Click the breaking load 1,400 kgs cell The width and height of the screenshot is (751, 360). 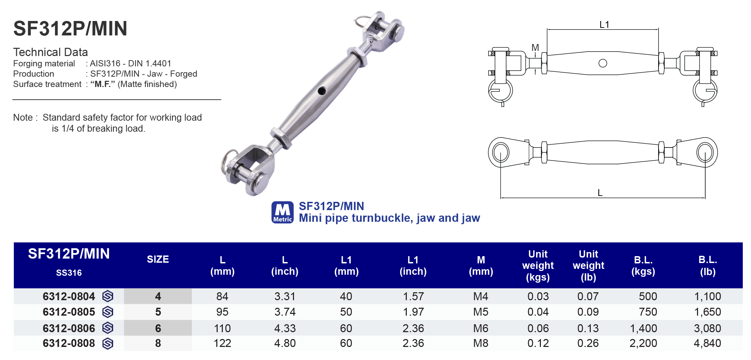pos(643,328)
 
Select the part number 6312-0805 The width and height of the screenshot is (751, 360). pos(69,312)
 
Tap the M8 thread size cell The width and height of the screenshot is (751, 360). pos(480,343)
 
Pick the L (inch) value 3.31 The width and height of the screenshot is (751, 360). pos(285,296)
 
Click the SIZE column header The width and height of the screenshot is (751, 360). pos(158,259)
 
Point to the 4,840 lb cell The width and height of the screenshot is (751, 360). pos(707,343)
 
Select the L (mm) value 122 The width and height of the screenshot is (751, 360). pos(222,343)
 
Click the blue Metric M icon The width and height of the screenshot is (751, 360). pos(282,212)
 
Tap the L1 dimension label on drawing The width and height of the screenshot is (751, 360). pos(604,25)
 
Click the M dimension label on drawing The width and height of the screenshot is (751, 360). pos(535,48)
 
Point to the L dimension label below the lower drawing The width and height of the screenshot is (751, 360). pos(600,193)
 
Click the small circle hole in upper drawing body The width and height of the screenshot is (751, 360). pos(602,63)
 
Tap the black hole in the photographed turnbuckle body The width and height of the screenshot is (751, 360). pos(322,91)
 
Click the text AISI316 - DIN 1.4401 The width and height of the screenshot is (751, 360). pos(131,64)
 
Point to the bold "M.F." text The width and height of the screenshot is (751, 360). pos(102,84)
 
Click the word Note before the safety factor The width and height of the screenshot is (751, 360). pos(23,118)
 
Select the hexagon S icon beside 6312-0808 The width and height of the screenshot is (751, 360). pos(108,343)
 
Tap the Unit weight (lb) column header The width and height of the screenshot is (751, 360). pos(588,265)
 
